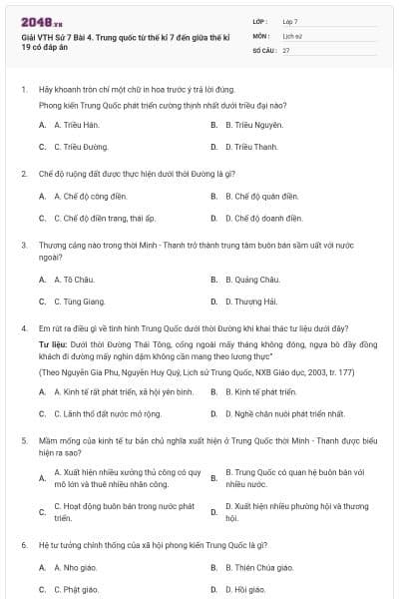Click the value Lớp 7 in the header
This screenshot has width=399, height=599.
289,20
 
